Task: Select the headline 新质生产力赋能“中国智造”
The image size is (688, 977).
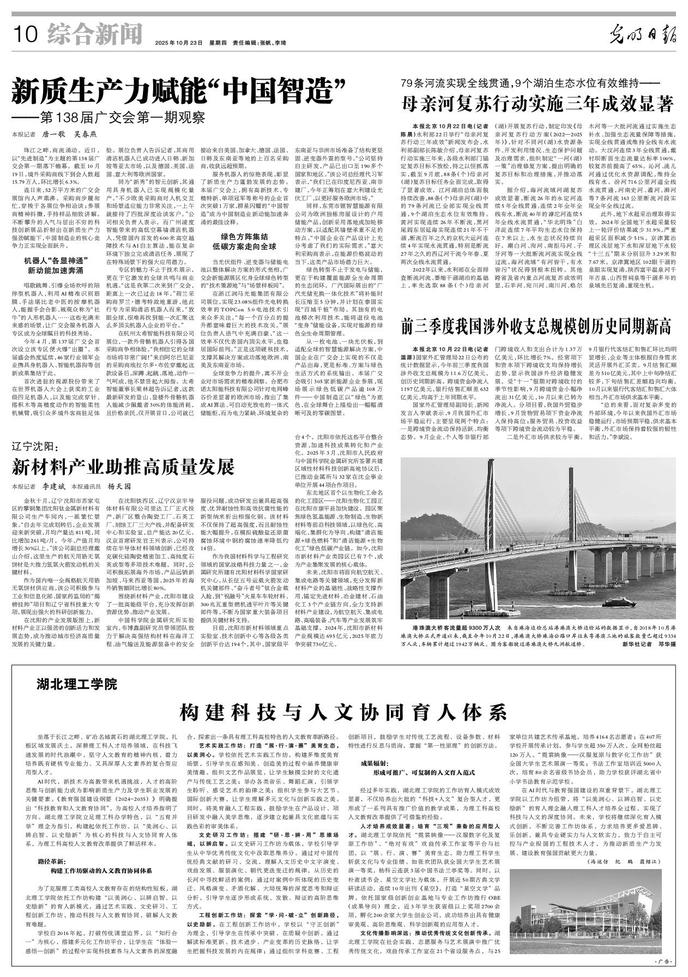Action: pyautogui.click(x=180, y=91)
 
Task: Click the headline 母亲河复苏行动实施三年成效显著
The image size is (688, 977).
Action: pyautogui.click(x=538, y=102)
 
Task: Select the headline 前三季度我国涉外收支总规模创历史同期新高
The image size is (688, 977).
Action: pyautogui.click(x=536, y=327)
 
